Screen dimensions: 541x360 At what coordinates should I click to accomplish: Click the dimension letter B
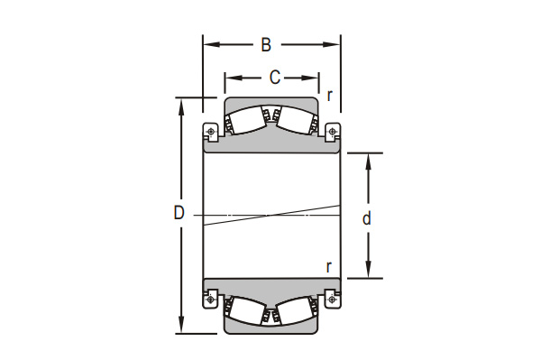click(266, 45)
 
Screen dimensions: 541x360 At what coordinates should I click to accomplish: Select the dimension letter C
click(275, 78)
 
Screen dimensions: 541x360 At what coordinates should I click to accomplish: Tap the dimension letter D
click(179, 213)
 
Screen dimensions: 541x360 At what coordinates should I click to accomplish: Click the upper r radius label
click(330, 96)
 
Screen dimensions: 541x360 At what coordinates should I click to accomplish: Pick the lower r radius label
click(329, 267)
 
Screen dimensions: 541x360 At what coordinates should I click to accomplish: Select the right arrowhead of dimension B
click(332, 44)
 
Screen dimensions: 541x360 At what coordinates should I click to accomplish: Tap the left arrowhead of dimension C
click(234, 78)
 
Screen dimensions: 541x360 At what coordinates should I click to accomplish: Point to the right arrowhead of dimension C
click(310, 78)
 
